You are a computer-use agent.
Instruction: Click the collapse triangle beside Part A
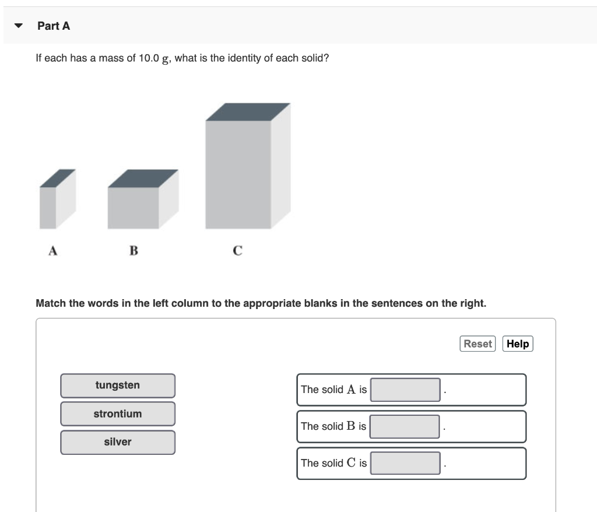point(19,26)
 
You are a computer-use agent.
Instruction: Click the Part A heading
point(54,26)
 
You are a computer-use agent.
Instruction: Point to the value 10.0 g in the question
point(154,59)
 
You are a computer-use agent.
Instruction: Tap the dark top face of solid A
point(57,178)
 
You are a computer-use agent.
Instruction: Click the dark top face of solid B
point(143,178)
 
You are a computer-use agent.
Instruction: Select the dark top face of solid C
point(248,112)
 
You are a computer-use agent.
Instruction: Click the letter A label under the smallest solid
point(53,251)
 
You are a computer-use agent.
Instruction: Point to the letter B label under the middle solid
point(134,251)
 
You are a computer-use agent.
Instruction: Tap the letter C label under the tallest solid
point(237,251)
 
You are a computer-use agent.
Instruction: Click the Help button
point(517,344)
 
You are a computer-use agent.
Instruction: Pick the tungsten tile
point(118,385)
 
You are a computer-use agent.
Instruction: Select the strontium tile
point(118,414)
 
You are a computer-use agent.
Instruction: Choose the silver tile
point(118,442)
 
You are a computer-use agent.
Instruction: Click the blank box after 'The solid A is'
point(405,390)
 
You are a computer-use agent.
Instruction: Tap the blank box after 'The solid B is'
point(405,426)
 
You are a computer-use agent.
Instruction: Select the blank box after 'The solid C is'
point(405,463)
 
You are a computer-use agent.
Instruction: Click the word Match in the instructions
point(51,303)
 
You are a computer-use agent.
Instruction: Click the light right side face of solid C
point(280,169)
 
